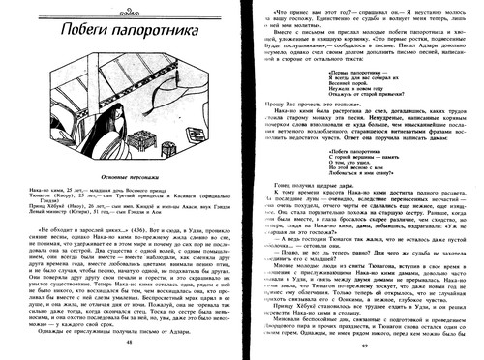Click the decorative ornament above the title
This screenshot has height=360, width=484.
[x=30, y=11]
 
